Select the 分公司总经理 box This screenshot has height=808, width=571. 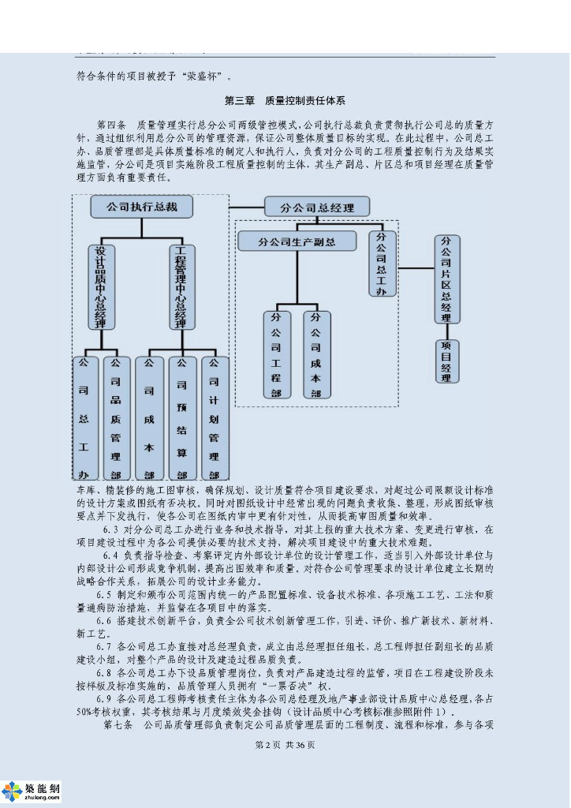pyautogui.click(x=317, y=208)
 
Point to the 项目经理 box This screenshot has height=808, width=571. pyautogui.click(x=446, y=361)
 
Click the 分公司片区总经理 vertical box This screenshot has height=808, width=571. pyautogui.click(x=446, y=279)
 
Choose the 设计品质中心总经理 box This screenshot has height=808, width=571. pyautogui.click(x=100, y=286)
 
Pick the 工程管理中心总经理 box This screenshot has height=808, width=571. pyautogui.click(x=181, y=286)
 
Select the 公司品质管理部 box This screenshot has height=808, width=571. pyautogui.click(x=116, y=418)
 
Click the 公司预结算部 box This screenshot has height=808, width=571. pyautogui.click(x=181, y=418)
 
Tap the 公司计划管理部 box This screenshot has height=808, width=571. pyautogui.click(x=213, y=418)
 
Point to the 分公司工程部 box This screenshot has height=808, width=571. pyautogui.click(x=276, y=354)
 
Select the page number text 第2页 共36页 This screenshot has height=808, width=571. pyautogui.click(x=285, y=746)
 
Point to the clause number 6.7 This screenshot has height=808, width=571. pyautogui.click(x=106, y=646)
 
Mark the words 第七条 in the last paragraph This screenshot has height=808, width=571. pyautogui.click(x=118, y=724)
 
